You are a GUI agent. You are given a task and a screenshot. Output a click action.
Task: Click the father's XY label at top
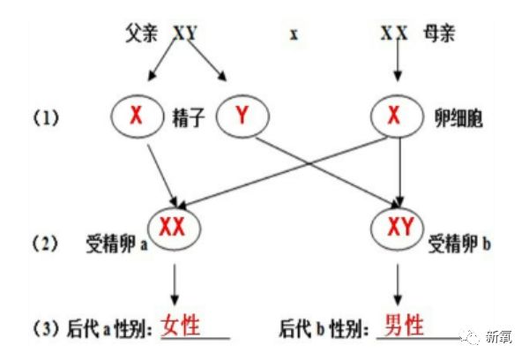185,33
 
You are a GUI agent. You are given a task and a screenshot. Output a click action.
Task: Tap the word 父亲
143,33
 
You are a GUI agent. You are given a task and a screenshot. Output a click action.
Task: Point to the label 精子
187,115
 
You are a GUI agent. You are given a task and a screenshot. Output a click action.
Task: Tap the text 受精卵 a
114,238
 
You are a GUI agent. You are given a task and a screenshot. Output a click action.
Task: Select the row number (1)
44,116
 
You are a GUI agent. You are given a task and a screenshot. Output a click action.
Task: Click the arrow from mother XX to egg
396,66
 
